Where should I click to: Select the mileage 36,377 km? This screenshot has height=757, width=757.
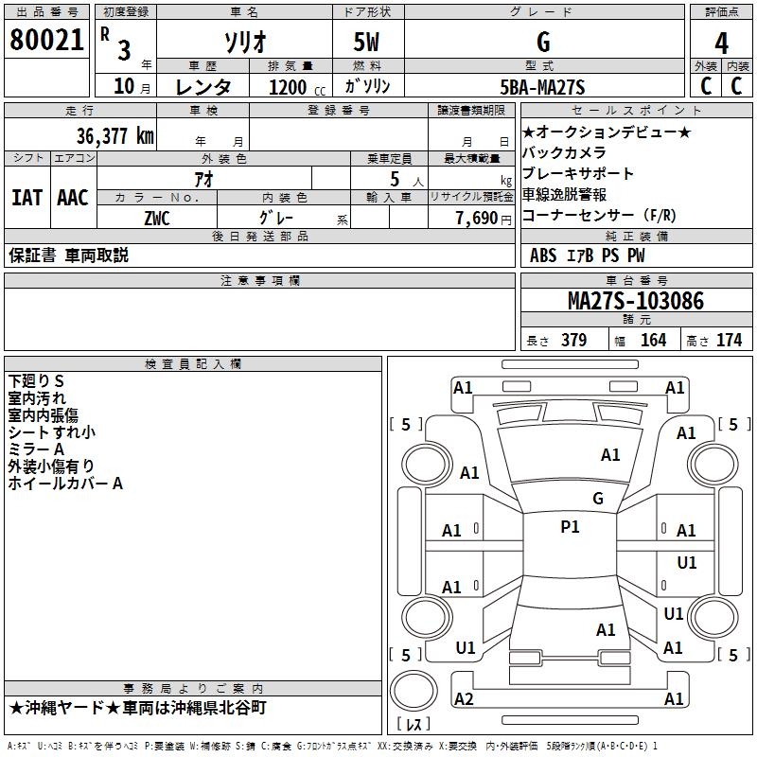(x=114, y=135)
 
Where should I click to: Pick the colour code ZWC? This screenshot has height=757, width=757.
(x=156, y=217)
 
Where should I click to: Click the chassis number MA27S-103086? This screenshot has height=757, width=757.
(x=635, y=301)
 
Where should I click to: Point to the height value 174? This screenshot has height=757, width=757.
(x=729, y=341)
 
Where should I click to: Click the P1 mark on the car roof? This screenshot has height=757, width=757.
(x=570, y=527)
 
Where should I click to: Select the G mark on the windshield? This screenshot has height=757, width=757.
(x=597, y=499)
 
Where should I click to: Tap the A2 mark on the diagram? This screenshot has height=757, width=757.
(x=464, y=698)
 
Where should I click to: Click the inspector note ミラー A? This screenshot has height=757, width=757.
(x=36, y=449)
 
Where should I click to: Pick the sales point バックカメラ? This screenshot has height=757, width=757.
(x=564, y=152)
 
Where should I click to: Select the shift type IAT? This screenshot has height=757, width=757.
(x=26, y=198)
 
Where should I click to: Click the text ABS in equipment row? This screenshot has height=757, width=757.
(x=543, y=255)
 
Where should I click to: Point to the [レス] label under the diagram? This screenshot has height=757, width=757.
(x=413, y=726)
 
